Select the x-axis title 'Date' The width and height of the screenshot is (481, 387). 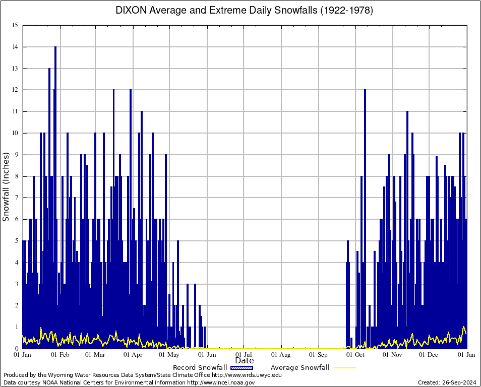pos(245,360)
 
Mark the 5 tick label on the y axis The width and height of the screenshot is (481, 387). pos(16,241)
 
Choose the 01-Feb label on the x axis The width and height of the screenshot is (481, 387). pos(60,355)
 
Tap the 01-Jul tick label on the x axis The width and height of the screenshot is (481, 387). pos(244,355)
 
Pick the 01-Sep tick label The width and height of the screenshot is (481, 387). pos(319,355)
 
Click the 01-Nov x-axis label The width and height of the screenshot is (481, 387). pos(392,355)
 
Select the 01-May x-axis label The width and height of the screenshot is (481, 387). pos(169,355)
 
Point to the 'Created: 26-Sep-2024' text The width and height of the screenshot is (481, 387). pos(447,382)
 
